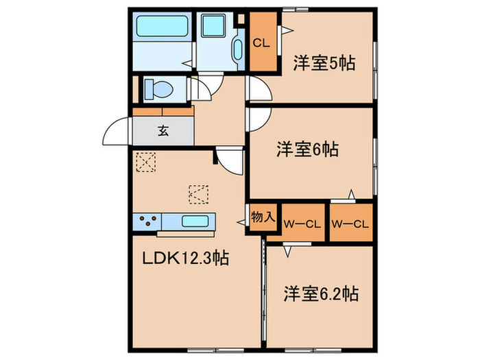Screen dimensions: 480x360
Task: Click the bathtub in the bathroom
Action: (x=162, y=26)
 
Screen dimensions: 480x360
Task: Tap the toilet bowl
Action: (x=158, y=89)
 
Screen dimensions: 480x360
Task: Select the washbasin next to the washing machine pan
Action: (x=238, y=49)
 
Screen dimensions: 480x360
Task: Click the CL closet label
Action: (x=261, y=43)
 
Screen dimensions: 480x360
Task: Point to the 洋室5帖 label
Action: (x=324, y=63)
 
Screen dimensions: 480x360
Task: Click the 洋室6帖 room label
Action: (x=307, y=149)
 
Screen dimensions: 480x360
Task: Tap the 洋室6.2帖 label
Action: (x=321, y=293)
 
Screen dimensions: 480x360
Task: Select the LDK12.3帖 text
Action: (x=186, y=258)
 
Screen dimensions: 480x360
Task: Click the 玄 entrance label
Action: (x=163, y=131)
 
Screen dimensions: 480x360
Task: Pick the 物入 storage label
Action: (x=263, y=217)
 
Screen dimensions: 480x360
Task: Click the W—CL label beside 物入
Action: (x=302, y=224)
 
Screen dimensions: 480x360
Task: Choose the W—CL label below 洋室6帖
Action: (x=350, y=224)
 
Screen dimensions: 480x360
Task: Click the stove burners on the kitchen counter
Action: (x=147, y=220)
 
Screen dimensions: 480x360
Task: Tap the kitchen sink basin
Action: (x=195, y=221)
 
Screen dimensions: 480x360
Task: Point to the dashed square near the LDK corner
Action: (x=145, y=163)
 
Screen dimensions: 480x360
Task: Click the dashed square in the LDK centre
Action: (x=199, y=194)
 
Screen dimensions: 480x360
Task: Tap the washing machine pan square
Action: (x=213, y=26)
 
